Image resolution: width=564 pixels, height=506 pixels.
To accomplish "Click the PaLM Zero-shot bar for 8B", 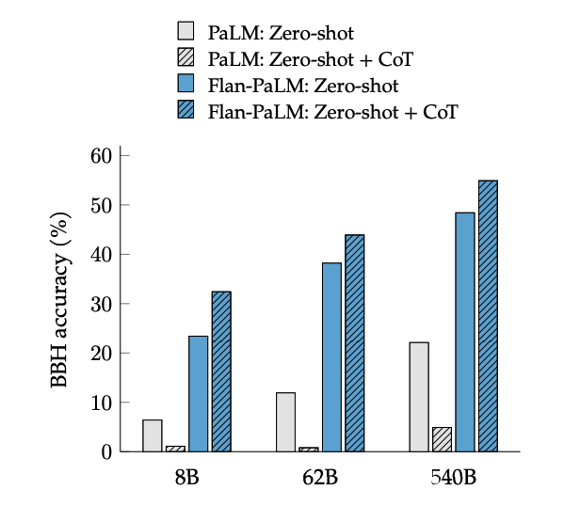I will click(x=153, y=435).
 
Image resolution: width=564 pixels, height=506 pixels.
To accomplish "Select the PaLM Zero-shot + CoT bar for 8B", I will click(x=175, y=449).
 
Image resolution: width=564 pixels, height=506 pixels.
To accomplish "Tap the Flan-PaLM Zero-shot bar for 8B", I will click(x=198, y=394).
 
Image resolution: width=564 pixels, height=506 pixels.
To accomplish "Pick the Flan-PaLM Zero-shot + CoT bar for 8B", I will click(x=221, y=372).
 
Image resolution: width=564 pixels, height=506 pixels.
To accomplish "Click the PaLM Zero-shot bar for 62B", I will click(x=285, y=422).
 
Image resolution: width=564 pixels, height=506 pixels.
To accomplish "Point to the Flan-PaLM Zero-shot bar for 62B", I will click(x=331, y=357).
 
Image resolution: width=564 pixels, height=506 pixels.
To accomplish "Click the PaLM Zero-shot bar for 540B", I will click(x=419, y=397).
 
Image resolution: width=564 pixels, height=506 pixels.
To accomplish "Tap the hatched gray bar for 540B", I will click(x=442, y=440).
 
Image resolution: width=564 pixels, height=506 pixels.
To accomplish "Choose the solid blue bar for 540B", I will click(x=465, y=332).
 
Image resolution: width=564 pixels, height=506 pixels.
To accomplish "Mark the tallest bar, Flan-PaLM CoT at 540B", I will click(x=488, y=316).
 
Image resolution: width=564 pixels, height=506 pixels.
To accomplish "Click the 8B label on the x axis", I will click(x=186, y=476).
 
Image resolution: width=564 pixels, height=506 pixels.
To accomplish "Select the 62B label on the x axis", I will click(x=320, y=476).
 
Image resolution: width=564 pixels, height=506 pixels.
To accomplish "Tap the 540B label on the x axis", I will click(x=454, y=476).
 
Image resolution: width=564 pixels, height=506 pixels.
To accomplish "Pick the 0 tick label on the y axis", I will click(x=106, y=452).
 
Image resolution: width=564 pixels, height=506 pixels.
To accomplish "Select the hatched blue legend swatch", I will click(x=186, y=112).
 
